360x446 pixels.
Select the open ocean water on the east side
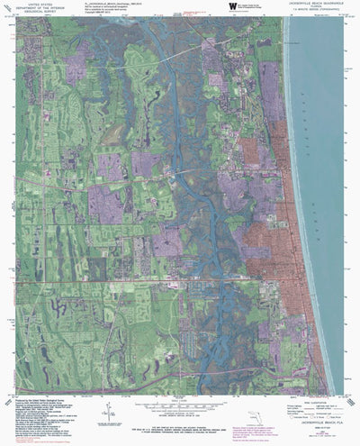[x=328, y=180]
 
